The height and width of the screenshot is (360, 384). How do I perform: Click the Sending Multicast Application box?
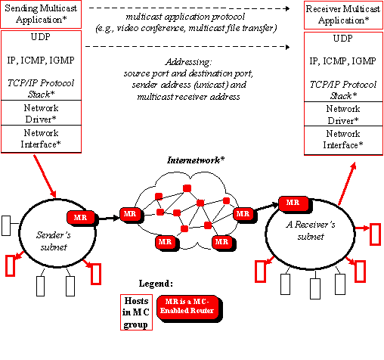click(41, 14)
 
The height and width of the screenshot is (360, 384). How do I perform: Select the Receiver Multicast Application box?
click(343, 15)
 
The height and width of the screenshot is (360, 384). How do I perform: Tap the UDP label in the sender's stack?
click(41, 37)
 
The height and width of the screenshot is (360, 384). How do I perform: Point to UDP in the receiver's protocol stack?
click(342, 39)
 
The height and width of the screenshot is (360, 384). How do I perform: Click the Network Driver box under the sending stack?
click(41, 113)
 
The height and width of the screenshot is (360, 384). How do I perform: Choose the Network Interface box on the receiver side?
click(343, 140)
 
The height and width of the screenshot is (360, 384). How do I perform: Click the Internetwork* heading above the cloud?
click(196, 160)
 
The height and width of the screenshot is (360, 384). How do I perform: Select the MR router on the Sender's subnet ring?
click(82, 218)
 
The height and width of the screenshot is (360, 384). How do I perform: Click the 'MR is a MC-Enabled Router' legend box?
click(188, 308)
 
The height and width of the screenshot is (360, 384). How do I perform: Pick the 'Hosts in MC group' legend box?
click(136, 312)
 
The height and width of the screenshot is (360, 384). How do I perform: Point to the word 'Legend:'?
click(156, 284)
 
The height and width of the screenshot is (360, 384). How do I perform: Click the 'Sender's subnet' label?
click(54, 241)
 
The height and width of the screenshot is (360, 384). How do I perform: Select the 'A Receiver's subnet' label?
click(311, 231)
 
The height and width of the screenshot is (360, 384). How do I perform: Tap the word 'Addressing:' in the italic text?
click(189, 62)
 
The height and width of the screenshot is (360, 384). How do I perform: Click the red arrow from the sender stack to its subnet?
click(45, 176)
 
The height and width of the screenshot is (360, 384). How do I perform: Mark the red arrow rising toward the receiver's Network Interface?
click(347, 184)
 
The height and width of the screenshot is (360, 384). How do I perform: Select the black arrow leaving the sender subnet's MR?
click(109, 218)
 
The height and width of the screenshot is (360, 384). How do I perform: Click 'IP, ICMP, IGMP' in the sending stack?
click(41, 61)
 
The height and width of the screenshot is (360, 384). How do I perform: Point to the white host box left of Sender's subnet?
click(6, 225)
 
